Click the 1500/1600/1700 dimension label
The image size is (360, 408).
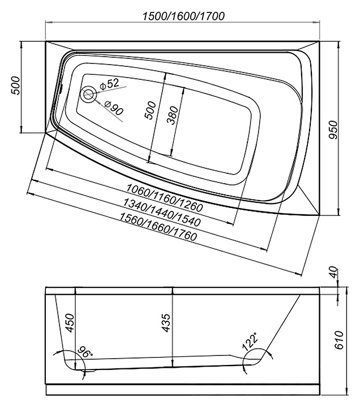pos(183,16)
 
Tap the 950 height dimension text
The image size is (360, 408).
pos(333,130)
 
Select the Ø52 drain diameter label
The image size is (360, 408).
pos(109,84)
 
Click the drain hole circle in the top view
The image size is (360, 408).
pos(88,94)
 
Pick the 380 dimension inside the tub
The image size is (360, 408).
pos(173,115)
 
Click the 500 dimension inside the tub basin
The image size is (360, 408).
pos(151,110)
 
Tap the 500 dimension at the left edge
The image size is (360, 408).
pos(15,86)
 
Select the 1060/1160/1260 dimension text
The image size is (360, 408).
pos(165,197)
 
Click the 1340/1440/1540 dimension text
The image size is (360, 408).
pos(162,212)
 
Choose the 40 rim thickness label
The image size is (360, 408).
pos(334,272)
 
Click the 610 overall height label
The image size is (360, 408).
pos(339,340)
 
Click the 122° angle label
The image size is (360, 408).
pos(250,341)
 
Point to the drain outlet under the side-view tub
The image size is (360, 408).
pos(88,370)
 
